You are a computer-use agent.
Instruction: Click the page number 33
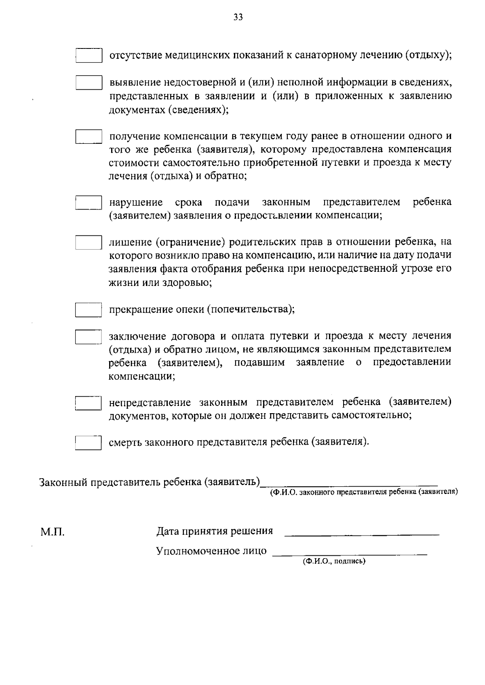pos(238,17)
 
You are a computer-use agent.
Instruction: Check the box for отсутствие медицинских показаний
pos(89,56)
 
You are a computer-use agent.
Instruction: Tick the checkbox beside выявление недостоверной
pos(89,82)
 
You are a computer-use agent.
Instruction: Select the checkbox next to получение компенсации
pos(89,136)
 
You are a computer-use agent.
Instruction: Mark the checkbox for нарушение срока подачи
pos(89,202)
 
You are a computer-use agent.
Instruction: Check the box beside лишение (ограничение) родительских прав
pos(89,242)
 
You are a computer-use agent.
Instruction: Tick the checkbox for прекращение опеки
pos(89,310)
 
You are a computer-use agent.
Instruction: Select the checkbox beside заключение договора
pos(89,336)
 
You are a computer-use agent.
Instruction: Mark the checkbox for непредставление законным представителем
pos(89,403)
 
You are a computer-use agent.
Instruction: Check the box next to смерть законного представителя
pos(89,442)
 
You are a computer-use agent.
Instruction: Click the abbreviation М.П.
pos(52,532)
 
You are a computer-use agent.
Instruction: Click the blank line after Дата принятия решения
pos(362,534)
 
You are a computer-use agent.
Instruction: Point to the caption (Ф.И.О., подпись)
pos(334,561)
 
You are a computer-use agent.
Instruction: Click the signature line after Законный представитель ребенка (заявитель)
pos(349,484)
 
